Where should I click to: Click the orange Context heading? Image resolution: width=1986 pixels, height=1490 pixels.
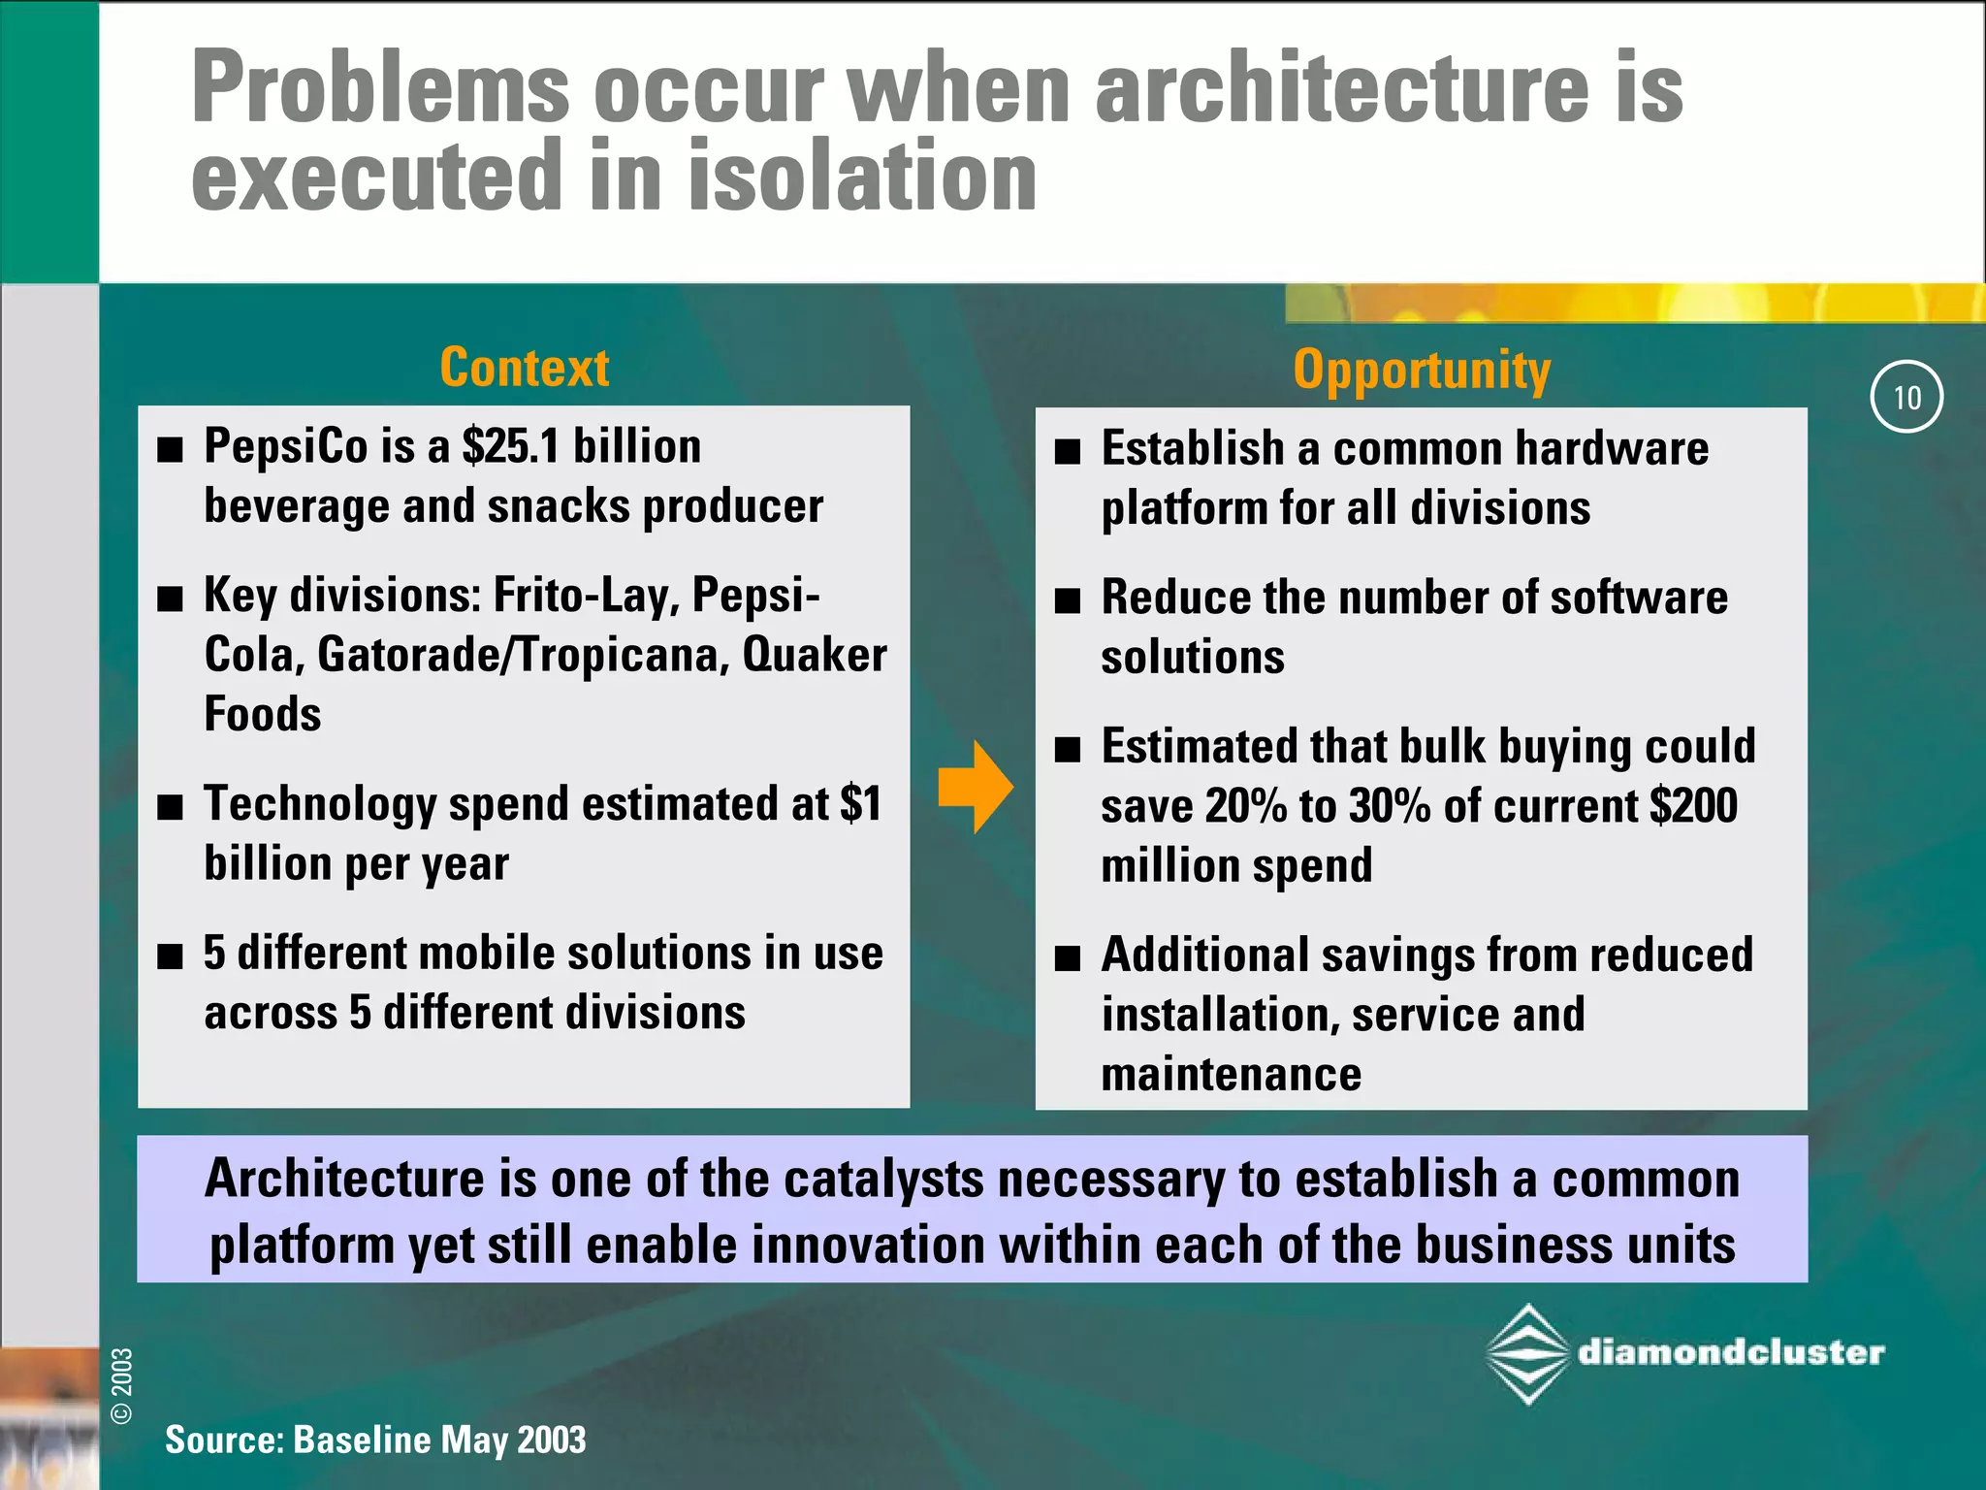524,368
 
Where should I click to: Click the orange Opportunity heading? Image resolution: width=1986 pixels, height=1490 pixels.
1422,371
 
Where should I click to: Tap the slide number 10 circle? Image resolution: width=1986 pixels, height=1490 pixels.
1906,397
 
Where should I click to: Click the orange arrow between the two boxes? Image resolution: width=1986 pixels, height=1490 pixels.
976,787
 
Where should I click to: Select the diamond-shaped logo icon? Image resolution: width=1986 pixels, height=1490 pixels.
1527,1354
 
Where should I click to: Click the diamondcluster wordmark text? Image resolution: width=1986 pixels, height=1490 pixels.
1731,1352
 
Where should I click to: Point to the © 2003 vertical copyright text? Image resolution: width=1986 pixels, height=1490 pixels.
122,1385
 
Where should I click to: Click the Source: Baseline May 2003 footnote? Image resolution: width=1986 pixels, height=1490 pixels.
375,1440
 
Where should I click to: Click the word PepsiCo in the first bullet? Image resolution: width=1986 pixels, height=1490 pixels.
286,447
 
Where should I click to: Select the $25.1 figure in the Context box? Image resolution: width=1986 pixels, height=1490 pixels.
511,447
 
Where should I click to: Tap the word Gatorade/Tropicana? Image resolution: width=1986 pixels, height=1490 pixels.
523,655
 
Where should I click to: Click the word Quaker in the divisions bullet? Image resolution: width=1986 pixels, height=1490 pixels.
814,655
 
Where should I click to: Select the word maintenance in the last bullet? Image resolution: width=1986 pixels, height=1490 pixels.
1231,1075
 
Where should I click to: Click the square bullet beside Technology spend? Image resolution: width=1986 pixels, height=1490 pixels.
171,807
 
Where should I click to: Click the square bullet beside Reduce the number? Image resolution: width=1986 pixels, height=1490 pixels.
1068,600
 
